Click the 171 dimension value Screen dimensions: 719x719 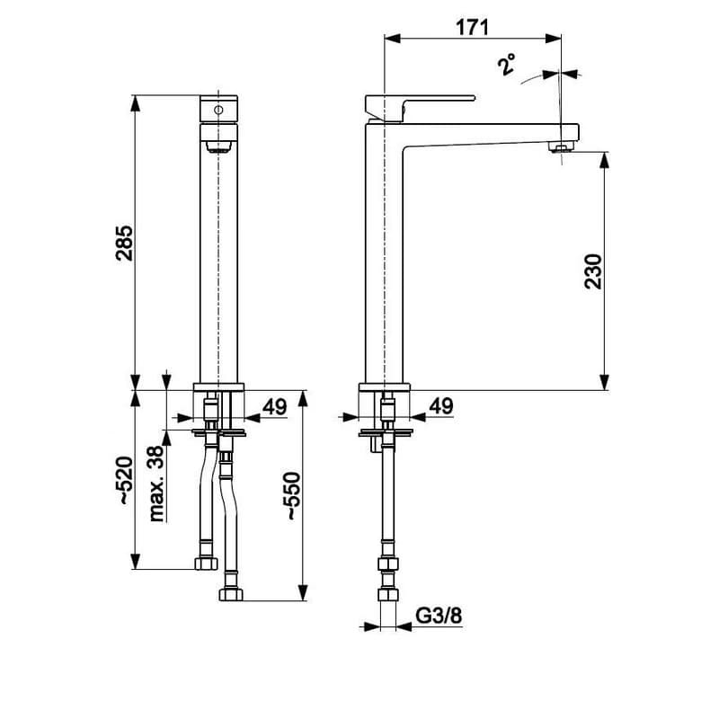click(x=473, y=28)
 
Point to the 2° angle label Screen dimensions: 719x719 click(x=507, y=64)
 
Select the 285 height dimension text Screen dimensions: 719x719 click(x=124, y=243)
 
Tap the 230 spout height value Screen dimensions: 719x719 click(x=593, y=271)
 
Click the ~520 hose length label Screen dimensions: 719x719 click(x=124, y=480)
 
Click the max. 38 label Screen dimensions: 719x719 click(x=156, y=484)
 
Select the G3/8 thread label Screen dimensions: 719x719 click(x=439, y=616)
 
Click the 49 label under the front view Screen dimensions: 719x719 click(x=275, y=407)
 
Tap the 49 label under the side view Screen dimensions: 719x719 click(x=441, y=406)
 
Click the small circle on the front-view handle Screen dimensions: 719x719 click(x=218, y=110)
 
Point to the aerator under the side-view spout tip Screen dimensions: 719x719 click(x=560, y=146)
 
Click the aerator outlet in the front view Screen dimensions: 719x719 click(x=219, y=146)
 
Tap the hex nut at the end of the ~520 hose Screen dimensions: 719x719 click(x=206, y=564)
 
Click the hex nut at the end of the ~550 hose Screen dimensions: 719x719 click(x=231, y=595)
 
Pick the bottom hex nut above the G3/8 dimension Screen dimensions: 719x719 click(x=388, y=595)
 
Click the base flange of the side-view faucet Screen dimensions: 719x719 click(x=385, y=387)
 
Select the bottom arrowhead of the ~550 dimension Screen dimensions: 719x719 click(x=303, y=592)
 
